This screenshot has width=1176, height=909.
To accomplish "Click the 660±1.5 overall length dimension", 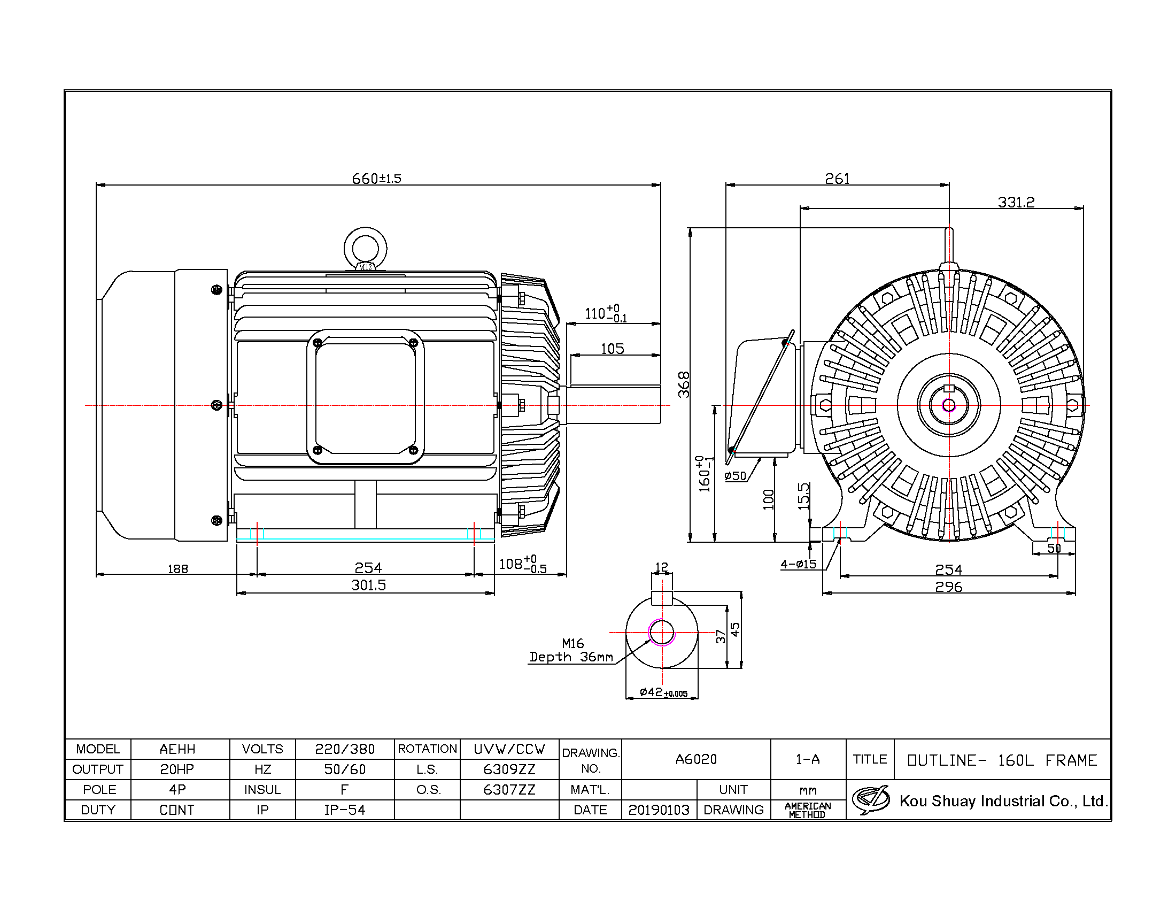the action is [376, 178].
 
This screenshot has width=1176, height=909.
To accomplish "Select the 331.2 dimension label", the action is [1016, 202].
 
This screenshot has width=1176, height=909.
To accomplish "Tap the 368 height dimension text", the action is [684, 384].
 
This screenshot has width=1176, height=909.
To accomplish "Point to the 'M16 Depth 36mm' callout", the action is [572, 651].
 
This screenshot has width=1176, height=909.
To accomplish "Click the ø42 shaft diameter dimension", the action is [663, 692].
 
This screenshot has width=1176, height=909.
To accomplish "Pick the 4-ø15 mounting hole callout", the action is [799, 564].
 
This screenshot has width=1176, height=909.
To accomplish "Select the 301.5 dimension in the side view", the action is [368, 585].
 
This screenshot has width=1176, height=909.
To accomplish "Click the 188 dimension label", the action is [177, 569].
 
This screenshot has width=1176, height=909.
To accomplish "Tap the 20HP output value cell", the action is [177, 769].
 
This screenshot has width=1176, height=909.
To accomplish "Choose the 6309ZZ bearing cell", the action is [509, 769].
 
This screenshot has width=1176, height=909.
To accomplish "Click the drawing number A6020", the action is [696, 759].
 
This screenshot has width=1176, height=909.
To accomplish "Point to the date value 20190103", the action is [659, 810].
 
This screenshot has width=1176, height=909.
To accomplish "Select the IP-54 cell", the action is [345, 810].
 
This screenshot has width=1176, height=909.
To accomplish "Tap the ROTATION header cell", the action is [428, 749].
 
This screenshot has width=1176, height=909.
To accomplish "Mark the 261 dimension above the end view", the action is [837, 178].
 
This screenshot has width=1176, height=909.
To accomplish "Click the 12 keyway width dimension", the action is [662, 566].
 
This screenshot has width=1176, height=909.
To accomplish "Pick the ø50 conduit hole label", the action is [736, 475].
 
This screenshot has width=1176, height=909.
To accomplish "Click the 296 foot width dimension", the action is [949, 587].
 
